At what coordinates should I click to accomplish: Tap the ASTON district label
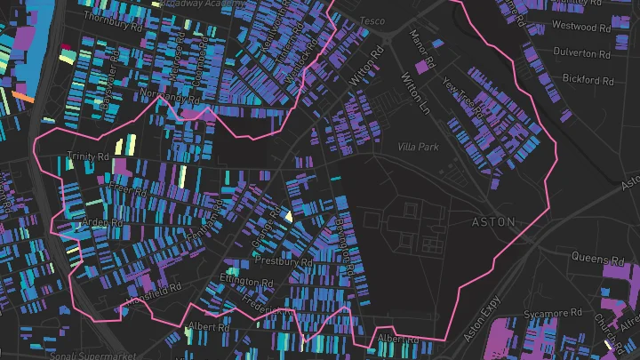492,221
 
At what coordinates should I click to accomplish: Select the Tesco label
372,21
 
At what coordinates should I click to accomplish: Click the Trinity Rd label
87,157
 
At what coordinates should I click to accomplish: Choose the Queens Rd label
597,260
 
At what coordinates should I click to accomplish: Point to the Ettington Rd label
247,283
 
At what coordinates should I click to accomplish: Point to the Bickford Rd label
588,80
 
